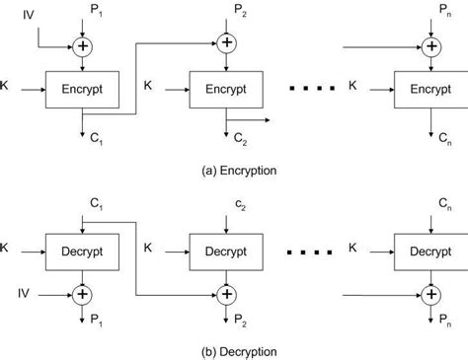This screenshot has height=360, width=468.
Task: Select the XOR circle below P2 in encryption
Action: click(x=227, y=43)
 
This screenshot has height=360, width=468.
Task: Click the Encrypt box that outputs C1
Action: click(x=83, y=90)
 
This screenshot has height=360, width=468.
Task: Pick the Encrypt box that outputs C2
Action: click(x=228, y=90)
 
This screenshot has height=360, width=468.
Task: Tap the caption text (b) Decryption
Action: click(x=234, y=350)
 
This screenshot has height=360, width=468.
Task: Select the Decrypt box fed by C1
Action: click(x=83, y=252)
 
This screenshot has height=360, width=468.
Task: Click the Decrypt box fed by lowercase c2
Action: click(x=228, y=252)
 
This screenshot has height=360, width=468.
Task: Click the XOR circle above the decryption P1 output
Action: click(x=82, y=293)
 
